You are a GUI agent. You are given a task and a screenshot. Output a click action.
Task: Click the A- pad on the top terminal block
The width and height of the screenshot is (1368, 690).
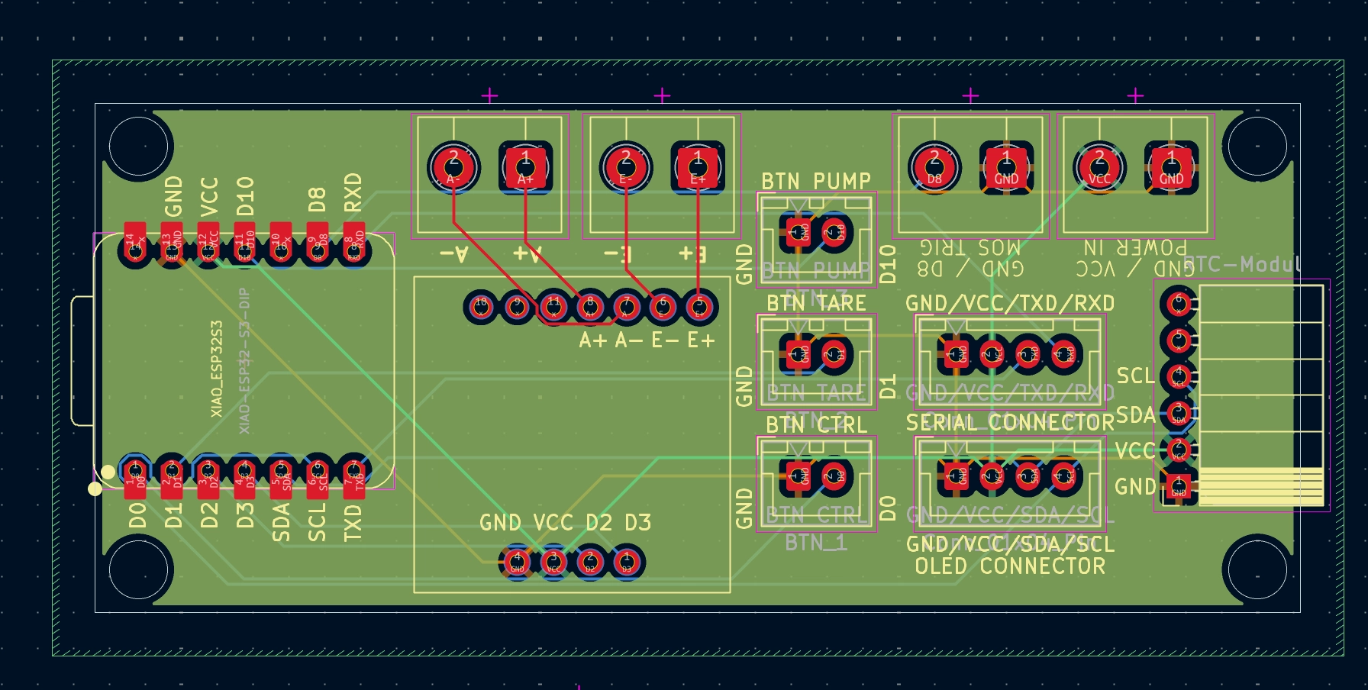453,167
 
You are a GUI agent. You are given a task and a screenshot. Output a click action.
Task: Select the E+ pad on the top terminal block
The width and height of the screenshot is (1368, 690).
697,167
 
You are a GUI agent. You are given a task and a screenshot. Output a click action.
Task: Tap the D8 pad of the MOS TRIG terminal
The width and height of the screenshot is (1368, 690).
934,167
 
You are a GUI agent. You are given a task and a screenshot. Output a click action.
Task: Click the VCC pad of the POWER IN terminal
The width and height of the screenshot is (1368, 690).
1099,167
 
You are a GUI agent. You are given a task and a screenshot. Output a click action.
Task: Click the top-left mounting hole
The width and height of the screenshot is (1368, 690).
138,146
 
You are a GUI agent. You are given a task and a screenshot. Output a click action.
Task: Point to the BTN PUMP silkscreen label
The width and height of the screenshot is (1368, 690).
815,182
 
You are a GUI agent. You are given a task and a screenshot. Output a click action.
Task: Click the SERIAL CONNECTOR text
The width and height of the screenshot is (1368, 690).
1009,422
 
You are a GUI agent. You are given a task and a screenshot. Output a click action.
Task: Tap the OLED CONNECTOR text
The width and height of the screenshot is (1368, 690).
1009,566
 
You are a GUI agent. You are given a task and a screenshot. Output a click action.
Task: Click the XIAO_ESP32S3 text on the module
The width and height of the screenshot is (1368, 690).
217,369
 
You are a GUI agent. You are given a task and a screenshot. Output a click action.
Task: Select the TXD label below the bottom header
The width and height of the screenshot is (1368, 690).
353,523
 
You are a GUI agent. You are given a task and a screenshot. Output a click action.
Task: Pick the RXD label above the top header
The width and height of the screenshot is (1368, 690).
353,192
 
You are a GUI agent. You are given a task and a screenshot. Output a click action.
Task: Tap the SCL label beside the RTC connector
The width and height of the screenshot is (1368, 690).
1135,376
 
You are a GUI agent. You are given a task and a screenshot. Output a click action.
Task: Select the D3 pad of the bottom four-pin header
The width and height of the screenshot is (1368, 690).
626,562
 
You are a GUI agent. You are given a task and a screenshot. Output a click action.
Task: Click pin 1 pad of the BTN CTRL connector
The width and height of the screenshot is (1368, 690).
797,476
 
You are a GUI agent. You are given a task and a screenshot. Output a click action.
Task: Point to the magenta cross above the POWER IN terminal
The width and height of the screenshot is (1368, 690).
1135,95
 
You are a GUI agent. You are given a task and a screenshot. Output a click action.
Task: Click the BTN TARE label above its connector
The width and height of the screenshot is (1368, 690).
815,303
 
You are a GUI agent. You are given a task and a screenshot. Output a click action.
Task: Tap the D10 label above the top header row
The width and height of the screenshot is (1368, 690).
244,196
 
